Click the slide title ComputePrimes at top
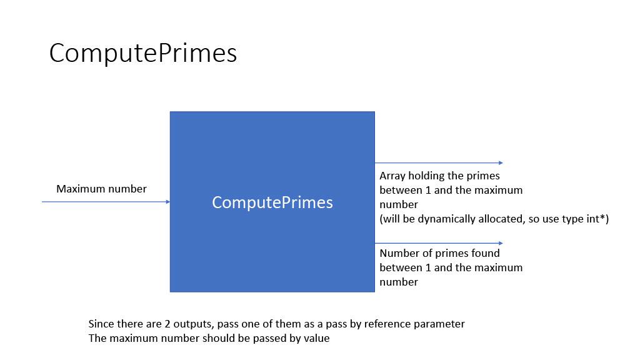(x=142, y=54)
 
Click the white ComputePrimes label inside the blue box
(x=272, y=202)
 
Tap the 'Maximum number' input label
(x=101, y=189)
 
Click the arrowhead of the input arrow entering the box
(x=167, y=202)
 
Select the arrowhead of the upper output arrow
(x=501, y=163)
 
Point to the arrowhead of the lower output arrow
(x=501, y=243)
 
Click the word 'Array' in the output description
(x=392, y=176)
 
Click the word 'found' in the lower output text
(x=486, y=253)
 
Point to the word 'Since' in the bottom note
(x=101, y=324)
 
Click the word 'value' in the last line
(x=316, y=339)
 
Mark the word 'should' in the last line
(x=217, y=339)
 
